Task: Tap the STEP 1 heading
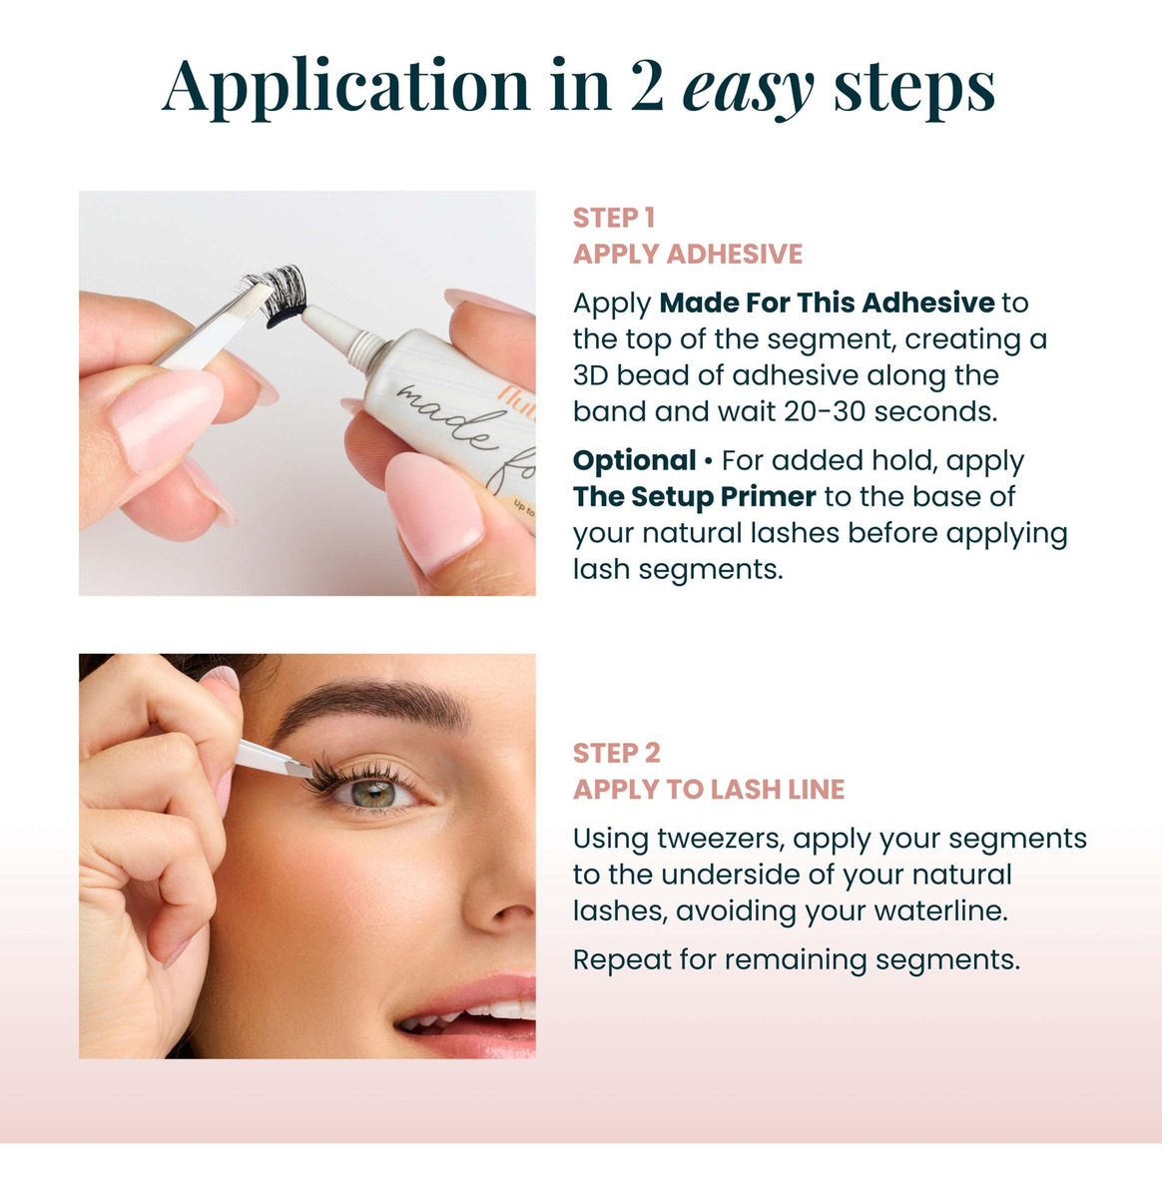[x=614, y=218]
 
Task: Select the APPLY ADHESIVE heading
[x=688, y=255]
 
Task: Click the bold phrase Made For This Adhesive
[x=827, y=302]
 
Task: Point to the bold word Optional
[x=635, y=460]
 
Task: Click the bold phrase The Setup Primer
[x=694, y=496]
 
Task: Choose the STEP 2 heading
[x=616, y=753]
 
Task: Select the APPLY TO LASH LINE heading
[x=709, y=790]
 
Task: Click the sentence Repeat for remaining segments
[x=797, y=959]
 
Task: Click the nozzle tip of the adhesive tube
[x=306, y=311]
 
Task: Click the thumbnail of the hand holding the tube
[x=434, y=508]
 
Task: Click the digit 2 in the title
[x=647, y=85]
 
